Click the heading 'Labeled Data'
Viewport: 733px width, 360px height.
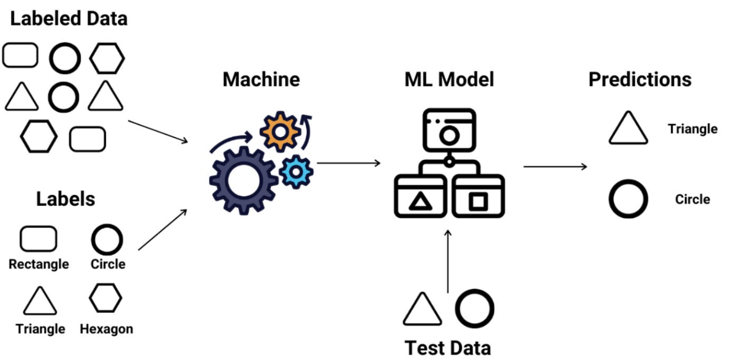[69, 19]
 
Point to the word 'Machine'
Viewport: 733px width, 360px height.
[261, 79]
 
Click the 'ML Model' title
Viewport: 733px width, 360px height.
[450, 79]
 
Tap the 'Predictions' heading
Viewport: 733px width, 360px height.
[640, 79]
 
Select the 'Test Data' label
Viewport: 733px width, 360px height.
[448, 348]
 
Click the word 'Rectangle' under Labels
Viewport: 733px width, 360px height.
[39, 264]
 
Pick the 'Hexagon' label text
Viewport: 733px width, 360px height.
[106, 329]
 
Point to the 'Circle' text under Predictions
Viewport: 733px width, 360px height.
[692, 200]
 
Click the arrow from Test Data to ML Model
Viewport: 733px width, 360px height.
[448, 261]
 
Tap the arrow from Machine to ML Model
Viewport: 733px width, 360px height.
[349, 163]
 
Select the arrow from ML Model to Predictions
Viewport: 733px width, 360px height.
[555, 166]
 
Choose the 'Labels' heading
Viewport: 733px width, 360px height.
[66, 199]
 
